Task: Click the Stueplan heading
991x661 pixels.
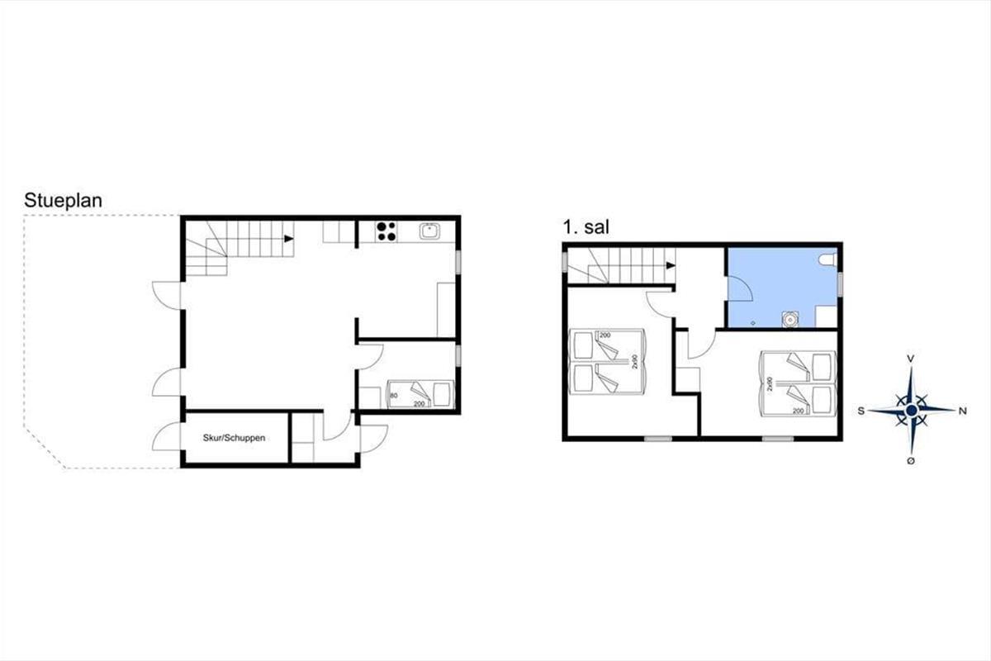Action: point(64,201)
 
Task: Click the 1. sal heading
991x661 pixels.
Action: point(586,227)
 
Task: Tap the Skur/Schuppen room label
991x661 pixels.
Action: point(234,438)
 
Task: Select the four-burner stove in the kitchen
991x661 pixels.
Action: point(386,232)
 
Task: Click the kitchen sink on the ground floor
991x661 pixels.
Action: point(429,231)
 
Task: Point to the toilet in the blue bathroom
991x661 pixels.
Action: point(827,260)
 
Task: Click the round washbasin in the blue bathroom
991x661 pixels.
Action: point(789,319)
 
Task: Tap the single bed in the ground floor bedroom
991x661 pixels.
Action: point(420,394)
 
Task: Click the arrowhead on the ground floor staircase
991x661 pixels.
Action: point(289,239)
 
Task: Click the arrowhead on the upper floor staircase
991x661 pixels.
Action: point(671,266)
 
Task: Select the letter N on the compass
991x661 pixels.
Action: point(962,411)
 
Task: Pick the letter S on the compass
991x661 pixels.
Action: point(861,411)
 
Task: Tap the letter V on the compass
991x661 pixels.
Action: point(912,359)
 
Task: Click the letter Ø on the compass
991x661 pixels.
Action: point(911,461)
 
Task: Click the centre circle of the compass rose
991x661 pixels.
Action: point(912,411)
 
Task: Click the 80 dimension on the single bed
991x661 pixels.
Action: point(394,395)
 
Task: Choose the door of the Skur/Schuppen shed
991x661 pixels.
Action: point(166,436)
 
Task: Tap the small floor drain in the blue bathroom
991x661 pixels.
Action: point(753,323)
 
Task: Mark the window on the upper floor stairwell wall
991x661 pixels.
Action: point(565,261)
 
